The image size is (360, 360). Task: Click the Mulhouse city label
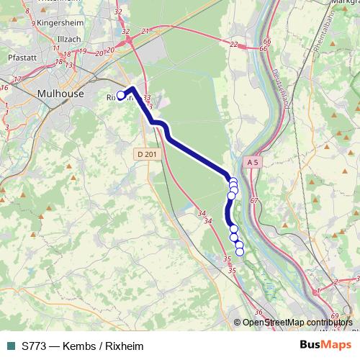[60, 94]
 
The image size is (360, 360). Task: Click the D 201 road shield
[145, 154]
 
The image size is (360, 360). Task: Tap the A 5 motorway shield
[252, 163]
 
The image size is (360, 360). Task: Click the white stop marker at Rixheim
[121, 96]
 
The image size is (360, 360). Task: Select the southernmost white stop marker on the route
[240, 251]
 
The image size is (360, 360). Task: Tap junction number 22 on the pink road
[233, 45]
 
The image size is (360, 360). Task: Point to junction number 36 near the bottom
[258, 312]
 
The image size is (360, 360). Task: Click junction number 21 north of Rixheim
[145, 31]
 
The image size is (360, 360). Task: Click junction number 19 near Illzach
[82, 52]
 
